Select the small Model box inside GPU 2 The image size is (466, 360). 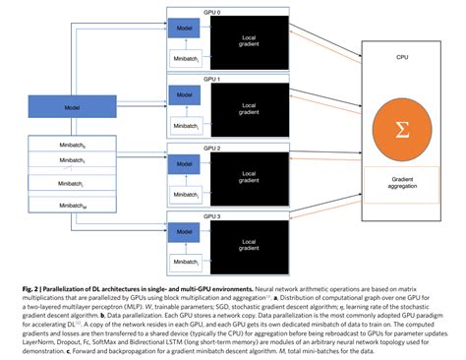(x=184, y=163)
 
